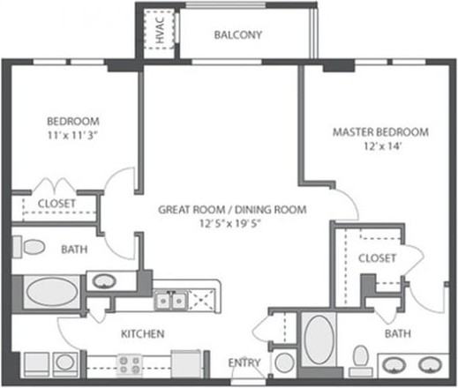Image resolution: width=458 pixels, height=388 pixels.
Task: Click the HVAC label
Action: coord(160,29)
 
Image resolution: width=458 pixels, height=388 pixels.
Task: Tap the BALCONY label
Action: coord(238,35)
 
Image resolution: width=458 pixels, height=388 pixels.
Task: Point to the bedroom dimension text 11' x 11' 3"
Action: coord(72,135)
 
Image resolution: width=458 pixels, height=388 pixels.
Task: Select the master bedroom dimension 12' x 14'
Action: coord(382,146)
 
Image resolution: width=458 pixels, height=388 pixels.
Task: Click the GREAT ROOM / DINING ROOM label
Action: coord(232,210)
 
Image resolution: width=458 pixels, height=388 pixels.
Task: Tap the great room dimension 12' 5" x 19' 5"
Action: coord(230,223)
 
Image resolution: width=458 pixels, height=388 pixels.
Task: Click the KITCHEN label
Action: coord(143,333)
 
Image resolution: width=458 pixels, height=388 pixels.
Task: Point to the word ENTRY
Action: coord(244,362)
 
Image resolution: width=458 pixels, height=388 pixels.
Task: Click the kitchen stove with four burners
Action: coord(129,365)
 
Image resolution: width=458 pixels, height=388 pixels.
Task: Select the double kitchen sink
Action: coord(171,301)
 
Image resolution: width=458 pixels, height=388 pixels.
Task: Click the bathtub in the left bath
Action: coord(52,292)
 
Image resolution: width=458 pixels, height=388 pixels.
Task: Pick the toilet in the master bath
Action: coord(361,361)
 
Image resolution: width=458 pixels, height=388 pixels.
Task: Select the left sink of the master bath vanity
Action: coord(394,365)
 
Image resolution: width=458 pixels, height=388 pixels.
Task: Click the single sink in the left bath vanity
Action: coord(104,281)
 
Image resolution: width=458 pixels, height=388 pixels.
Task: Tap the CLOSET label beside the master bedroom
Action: coord(377,258)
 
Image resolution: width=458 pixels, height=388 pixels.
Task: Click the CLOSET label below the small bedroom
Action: coord(56,204)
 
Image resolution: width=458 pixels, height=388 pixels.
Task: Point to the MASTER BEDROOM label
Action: coord(380,132)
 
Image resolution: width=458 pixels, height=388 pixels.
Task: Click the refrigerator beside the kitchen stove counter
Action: coord(186,364)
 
